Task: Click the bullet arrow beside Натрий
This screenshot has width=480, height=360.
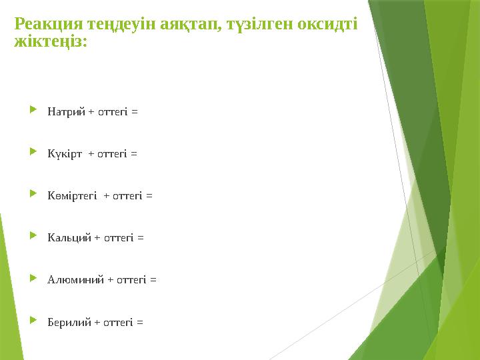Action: tap(34, 111)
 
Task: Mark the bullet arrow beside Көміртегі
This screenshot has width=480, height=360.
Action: tap(34, 195)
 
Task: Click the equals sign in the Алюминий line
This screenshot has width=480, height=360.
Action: tap(153, 280)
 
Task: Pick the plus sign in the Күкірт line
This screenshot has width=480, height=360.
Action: tap(91, 154)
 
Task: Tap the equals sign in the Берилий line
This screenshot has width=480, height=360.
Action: tap(139, 322)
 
